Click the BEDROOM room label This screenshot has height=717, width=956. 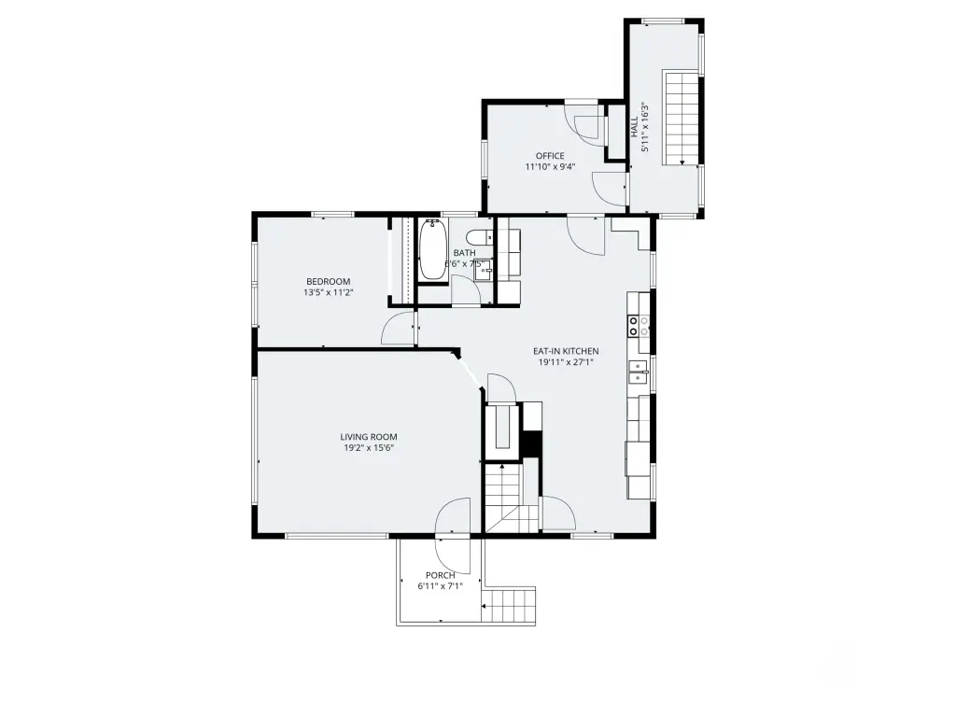point(328,282)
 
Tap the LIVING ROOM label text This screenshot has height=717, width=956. point(368,437)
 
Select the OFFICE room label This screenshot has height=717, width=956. point(550,156)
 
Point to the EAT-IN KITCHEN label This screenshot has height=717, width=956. point(566,351)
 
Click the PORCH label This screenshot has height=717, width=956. point(441,575)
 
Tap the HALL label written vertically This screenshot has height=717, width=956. point(634,127)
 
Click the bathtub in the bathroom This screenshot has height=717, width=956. point(432,250)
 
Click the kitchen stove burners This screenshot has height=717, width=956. point(639,326)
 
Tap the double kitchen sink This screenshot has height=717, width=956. point(639,372)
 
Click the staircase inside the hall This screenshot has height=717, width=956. point(681,118)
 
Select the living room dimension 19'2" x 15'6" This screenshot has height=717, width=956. point(368,448)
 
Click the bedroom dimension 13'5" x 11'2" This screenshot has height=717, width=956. point(328,292)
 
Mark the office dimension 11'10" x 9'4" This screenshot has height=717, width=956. point(550,166)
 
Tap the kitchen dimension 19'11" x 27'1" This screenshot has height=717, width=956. point(566,362)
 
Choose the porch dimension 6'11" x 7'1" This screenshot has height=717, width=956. point(441,586)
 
